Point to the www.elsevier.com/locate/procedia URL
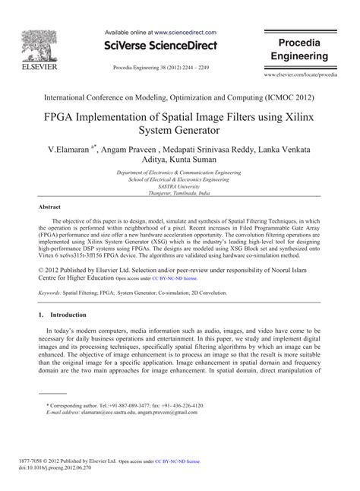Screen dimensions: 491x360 click(x=301, y=76)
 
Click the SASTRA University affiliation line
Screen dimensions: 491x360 click(x=179, y=185)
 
